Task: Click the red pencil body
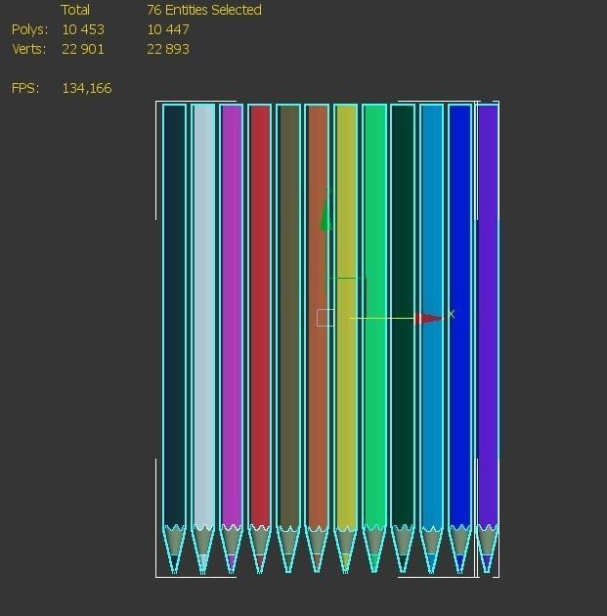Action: (x=259, y=313)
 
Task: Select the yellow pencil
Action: (x=346, y=391)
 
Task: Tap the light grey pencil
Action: (x=202, y=313)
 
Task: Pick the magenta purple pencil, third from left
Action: (x=231, y=313)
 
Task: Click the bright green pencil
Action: (x=374, y=313)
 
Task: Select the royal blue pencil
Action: (x=459, y=313)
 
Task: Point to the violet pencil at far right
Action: (x=487, y=313)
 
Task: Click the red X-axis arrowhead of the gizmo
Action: (x=428, y=318)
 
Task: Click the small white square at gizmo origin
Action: (x=325, y=318)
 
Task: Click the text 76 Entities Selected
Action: (x=204, y=10)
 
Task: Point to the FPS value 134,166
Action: (x=87, y=88)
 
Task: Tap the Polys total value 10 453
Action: (x=83, y=29)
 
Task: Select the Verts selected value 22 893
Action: (x=168, y=49)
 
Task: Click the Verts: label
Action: (x=29, y=49)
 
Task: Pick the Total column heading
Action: (x=75, y=10)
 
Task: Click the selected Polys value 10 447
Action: (x=168, y=29)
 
